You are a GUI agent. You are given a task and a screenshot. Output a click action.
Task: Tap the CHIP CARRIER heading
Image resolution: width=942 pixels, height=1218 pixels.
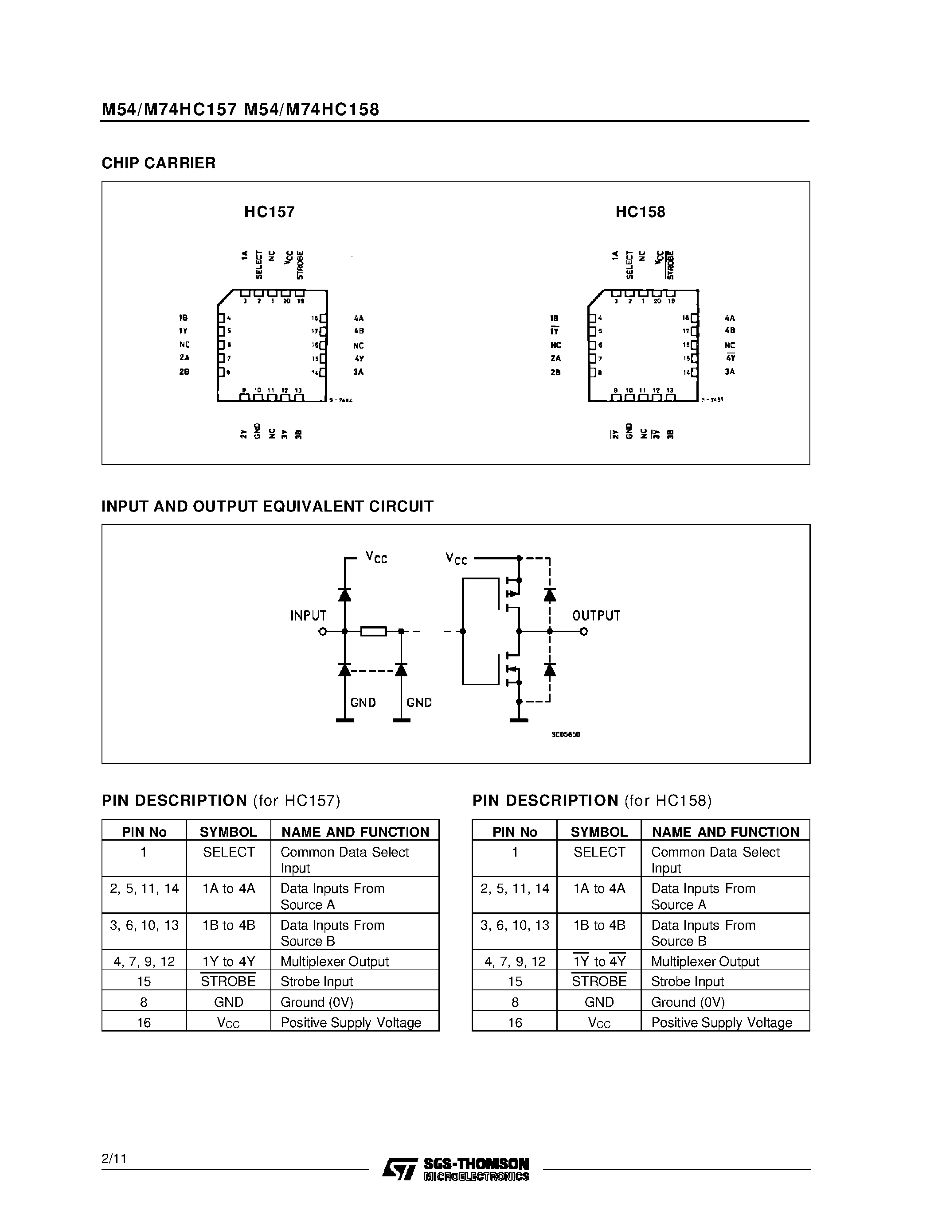pos(159,163)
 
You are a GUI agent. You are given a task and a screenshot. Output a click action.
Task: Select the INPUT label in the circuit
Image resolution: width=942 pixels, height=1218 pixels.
pos(308,616)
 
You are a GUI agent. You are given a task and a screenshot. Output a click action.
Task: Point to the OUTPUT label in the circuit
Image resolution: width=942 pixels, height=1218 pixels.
pos(596,616)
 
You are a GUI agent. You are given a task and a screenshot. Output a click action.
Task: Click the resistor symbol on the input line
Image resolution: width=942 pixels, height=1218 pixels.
pos(373,631)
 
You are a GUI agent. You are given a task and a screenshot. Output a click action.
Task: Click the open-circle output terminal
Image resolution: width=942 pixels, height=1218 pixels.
pos(584,631)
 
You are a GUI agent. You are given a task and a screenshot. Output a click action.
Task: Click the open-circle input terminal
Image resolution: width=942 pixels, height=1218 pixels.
pos(322,631)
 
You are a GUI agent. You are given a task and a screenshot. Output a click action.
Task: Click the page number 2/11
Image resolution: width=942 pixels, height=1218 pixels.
pos(114,1159)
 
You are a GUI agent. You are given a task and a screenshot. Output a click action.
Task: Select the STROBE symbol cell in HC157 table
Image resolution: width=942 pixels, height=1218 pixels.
pos(228,981)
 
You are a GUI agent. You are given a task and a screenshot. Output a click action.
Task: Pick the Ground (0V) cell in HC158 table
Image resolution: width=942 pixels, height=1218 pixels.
pos(688,1002)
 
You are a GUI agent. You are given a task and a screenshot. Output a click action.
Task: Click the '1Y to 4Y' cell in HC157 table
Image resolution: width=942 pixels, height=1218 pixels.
pos(228,962)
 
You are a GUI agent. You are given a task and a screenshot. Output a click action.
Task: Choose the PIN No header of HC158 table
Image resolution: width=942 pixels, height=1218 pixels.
pos(515,832)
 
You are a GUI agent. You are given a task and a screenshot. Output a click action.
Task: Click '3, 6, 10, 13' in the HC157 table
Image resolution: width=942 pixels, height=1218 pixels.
pos(144,925)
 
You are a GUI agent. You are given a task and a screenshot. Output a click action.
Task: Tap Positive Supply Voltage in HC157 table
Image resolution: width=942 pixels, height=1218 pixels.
pos(351,1023)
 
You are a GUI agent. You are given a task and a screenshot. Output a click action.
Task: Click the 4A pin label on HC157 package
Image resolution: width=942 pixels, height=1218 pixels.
pos(358,318)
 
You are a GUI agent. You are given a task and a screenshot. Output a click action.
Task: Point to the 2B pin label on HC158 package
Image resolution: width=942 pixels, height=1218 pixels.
pos(555,372)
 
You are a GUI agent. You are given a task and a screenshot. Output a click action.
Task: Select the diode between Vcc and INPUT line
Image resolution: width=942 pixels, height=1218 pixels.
pos(345,594)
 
